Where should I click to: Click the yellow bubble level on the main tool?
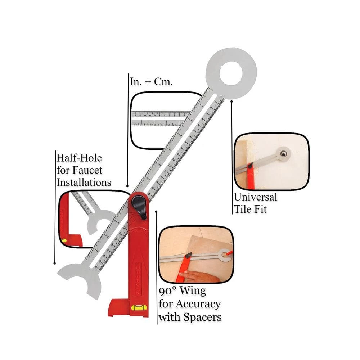coord(139,307)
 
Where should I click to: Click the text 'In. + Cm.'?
coord(151,81)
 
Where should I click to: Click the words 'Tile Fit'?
coord(251,209)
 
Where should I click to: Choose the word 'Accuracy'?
coord(198,303)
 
